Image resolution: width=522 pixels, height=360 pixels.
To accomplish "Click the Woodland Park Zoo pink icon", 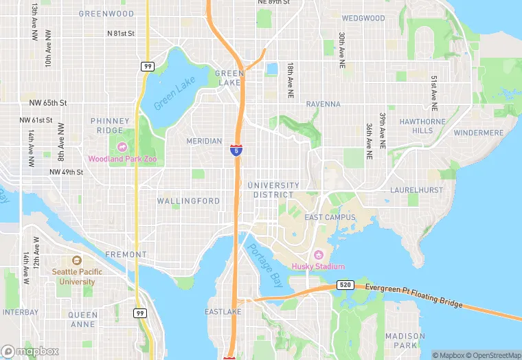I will click(x=122, y=146).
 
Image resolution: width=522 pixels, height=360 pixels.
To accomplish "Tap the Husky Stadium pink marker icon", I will click(x=318, y=255).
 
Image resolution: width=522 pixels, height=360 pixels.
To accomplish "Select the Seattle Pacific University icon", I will click(x=76, y=261).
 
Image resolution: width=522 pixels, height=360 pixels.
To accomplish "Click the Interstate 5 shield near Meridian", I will click(x=236, y=149).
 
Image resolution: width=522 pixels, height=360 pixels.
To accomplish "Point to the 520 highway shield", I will click(x=345, y=284).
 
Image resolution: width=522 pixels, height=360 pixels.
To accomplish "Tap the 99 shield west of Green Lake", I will click(x=148, y=66).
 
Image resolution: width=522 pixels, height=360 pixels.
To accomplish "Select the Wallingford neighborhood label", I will click(x=188, y=201).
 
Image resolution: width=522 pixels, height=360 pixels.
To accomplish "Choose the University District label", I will click(x=273, y=190).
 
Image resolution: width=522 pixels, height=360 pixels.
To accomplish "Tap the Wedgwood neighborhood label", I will click(x=363, y=18).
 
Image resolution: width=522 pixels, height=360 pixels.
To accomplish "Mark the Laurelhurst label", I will click(x=414, y=189).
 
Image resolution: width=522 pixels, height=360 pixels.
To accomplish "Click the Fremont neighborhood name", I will click(x=126, y=254).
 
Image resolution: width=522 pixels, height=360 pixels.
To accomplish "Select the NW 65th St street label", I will click(x=48, y=102).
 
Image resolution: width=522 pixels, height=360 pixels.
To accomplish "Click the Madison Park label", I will click(x=405, y=340).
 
